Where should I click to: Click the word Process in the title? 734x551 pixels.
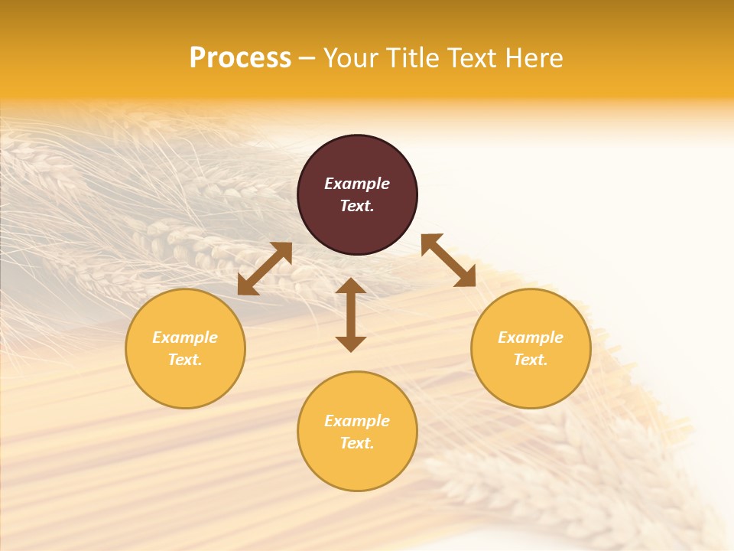point(240,58)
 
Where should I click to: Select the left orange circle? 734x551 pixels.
point(185,383)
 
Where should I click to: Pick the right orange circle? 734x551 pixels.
point(531,383)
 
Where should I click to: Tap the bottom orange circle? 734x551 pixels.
point(357,467)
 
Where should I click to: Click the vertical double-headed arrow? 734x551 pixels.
point(351,315)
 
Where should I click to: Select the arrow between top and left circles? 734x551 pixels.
point(265,269)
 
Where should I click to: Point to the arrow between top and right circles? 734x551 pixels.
point(448,260)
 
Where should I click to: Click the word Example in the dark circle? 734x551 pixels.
point(357,184)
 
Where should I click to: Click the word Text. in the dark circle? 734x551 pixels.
point(357,206)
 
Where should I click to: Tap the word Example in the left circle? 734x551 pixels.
point(185,337)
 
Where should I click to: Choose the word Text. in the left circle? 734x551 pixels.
point(185,360)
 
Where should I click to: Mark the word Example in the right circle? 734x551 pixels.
point(531,337)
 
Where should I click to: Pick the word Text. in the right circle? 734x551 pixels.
point(531,360)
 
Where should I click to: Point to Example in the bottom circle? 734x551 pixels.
point(357,421)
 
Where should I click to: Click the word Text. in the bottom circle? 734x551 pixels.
point(357,443)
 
